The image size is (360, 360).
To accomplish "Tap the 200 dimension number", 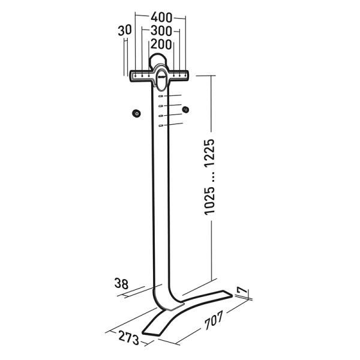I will (160, 44).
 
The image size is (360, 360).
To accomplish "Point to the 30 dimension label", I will (125, 31).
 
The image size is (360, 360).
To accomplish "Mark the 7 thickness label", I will (241, 291).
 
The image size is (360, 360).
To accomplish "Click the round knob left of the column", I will (136, 113).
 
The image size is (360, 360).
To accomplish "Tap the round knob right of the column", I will (185, 110).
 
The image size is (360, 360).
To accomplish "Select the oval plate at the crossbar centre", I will (160, 76).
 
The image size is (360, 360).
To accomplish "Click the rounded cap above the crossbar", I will (160, 60).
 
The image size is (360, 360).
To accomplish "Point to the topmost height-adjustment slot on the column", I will (161, 96).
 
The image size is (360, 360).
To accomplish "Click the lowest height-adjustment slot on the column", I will (161, 125).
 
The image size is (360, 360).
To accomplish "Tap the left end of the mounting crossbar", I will (134, 76).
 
